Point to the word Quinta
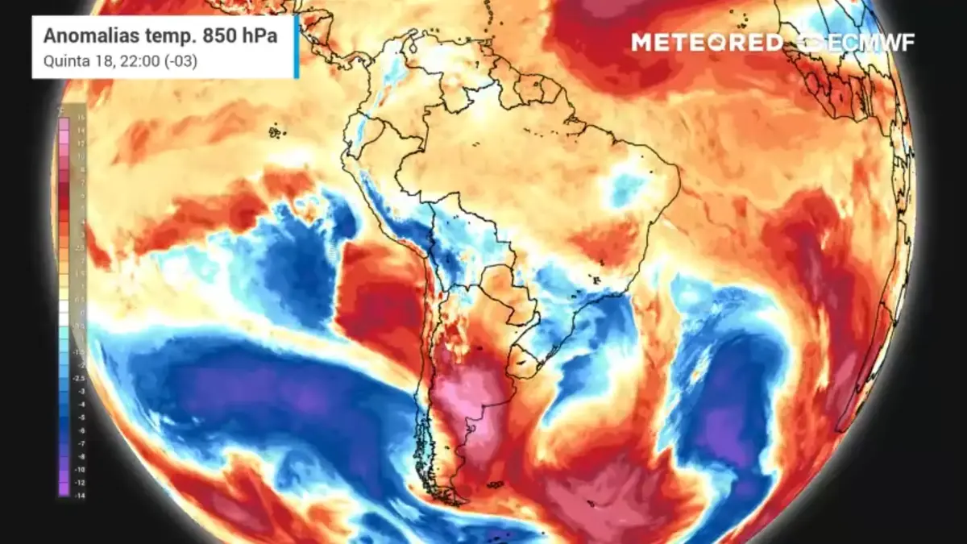pos(61,60)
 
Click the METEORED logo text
pos(706,43)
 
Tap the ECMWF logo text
pos(866,43)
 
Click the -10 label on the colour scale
pos(81,468)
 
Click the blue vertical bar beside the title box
pos(297,47)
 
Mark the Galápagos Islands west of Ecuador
pos(277,131)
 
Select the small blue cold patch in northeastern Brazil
pos(626,187)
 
